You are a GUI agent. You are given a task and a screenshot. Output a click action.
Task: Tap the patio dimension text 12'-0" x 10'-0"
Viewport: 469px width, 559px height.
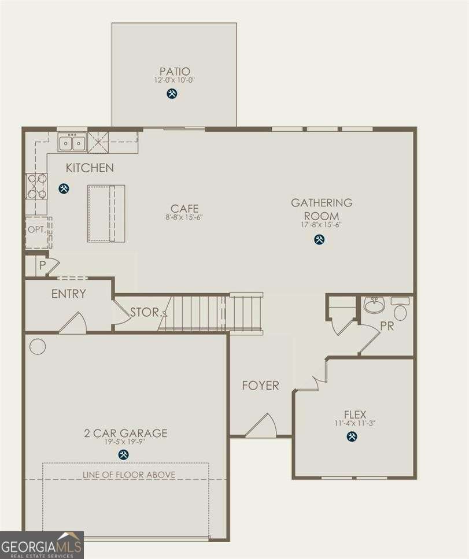tap(174, 80)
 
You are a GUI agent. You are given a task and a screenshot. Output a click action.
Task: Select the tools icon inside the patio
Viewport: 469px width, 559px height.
tap(172, 93)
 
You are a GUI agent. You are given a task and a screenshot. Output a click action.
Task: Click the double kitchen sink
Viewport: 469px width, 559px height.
tap(73, 142)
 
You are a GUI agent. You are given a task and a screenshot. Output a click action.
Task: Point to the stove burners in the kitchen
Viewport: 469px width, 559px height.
tap(36, 186)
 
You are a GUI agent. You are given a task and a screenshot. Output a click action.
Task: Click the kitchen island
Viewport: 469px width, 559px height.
tap(106, 213)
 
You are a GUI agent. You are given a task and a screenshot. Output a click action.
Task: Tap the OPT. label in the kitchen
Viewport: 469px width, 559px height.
tap(36, 229)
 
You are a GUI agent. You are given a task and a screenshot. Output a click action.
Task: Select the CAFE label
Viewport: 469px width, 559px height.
tap(184, 208)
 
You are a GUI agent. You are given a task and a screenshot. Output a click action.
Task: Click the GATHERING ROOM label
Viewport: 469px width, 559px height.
tap(322, 209)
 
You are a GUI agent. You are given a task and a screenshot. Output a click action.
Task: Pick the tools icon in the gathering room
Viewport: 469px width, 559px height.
tap(319, 239)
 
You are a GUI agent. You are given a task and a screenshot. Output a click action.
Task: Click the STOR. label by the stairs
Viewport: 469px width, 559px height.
tap(145, 312)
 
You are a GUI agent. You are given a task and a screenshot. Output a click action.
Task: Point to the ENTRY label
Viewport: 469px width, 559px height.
tap(68, 294)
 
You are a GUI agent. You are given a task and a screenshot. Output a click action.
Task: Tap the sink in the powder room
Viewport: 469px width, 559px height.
tap(374, 305)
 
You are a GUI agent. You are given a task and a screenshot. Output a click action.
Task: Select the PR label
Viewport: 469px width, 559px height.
tap(387, 326)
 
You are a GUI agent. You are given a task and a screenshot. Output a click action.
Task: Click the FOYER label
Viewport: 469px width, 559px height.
tap(260, 385)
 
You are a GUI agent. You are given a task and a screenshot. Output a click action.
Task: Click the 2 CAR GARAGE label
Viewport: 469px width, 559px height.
tap(125, 433)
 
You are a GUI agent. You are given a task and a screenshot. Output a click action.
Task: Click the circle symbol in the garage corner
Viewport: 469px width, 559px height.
tap(38, 346)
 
